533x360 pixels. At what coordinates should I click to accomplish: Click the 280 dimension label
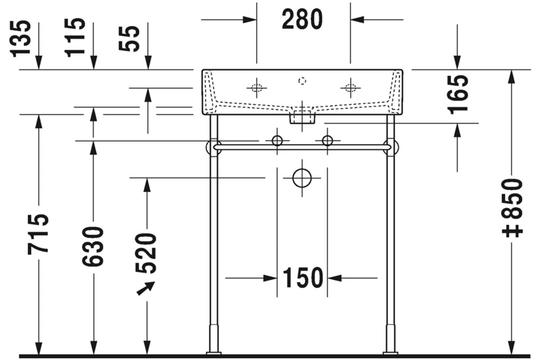302,20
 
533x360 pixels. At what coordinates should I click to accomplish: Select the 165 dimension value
458,94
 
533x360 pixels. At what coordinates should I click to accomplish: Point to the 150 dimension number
302,278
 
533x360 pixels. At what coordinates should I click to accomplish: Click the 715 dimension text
38,234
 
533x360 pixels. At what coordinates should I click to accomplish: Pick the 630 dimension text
93,246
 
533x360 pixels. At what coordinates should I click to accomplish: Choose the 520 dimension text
147,253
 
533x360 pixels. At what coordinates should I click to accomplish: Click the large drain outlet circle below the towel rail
302,178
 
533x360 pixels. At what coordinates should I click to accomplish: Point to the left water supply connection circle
277,141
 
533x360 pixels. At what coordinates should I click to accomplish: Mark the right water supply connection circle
327,141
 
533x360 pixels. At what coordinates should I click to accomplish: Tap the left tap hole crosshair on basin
257,87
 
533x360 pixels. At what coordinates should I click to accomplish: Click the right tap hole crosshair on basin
350,87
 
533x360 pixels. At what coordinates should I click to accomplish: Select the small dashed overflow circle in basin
302,81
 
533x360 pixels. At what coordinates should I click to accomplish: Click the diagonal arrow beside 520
145,288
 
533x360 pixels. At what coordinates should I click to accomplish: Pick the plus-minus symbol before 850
514,231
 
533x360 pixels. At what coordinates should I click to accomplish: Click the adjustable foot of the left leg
214,340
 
